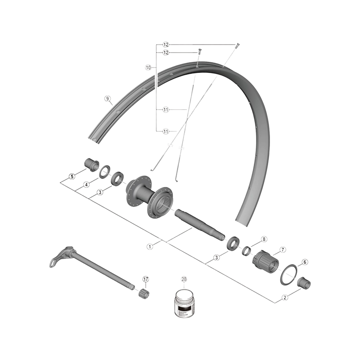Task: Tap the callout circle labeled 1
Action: [x=150, y=246]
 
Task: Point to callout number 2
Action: [x=285, y=297]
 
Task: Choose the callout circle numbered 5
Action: [x=72, y=176]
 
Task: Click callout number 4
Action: [x=86, y=184]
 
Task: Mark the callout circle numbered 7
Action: [x=283, y=250]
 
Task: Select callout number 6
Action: [x=305, y=262]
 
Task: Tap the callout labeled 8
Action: [x=264, y=239]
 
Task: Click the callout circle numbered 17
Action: [x=146, y=279]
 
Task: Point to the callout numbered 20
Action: [x=184, y=279]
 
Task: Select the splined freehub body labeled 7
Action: [x=266, y=261]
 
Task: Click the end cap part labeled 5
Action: [x=91, y=164]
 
